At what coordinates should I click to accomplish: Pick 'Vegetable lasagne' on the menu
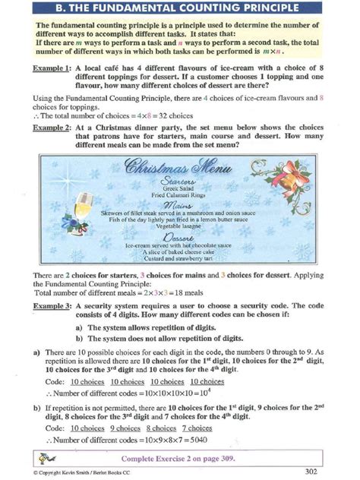[178, 227]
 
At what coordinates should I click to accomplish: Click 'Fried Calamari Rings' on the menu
[178, 196]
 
